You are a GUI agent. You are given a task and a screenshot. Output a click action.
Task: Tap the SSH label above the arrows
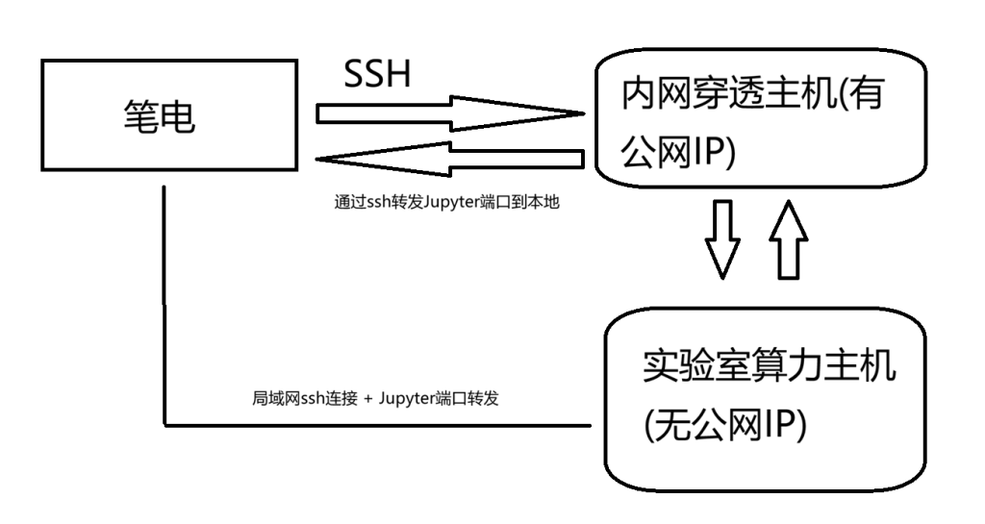click(x=377, y=74)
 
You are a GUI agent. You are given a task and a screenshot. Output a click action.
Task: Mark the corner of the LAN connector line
click(x=164, y=424)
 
